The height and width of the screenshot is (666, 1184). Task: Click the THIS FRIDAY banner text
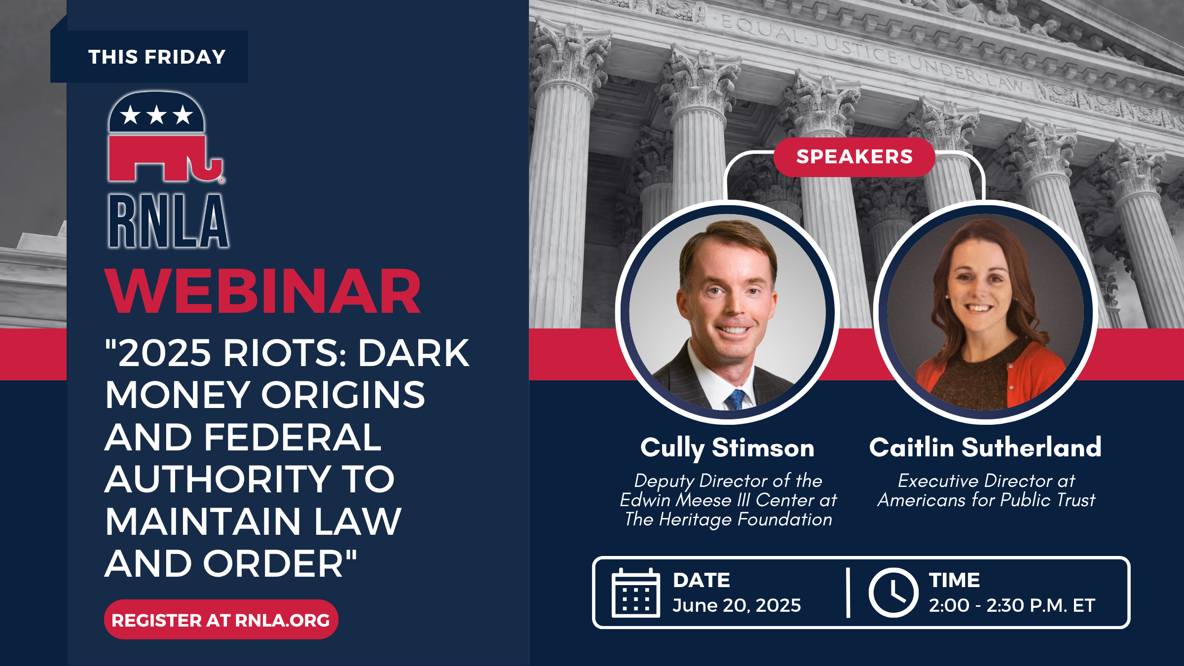coord(157,57)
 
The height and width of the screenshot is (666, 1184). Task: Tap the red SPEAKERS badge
coord(854,157)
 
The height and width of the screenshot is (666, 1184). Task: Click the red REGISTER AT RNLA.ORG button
coord(221,620)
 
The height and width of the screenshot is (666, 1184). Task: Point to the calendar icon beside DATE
coord(636,592)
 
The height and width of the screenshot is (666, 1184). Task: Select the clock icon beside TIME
coord(893,593)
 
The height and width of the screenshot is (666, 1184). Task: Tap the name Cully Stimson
coord(727,448)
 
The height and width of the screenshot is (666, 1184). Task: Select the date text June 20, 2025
coord(737,605)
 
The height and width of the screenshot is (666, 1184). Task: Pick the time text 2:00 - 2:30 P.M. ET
coord(1012,605)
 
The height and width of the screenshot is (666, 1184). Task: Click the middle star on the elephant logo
coord(156,115)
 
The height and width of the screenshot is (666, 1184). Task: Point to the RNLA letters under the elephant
coord(168,221)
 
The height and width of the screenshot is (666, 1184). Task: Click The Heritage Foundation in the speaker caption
coord(728,519)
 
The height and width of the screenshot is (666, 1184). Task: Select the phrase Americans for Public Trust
coord(986,500)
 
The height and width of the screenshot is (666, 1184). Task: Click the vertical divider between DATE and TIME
coord(848,592)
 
